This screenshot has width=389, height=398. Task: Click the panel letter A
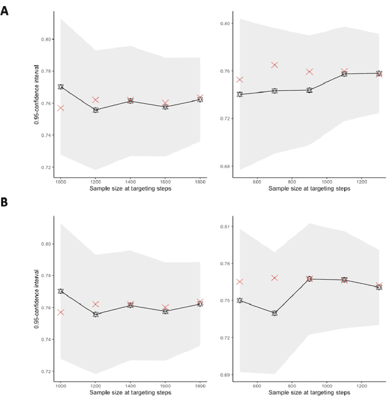pyautogui.click(x=5, y=10)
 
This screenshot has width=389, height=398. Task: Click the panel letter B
pyautogui.click(x=5, y=201)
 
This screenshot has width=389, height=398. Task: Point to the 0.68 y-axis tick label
pyautogui.click(x=224, y=166)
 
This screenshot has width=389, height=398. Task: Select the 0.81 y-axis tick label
pyautogui.click(x=224, y=227)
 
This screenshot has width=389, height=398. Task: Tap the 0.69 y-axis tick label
pyautogui.click(x=224, y=375)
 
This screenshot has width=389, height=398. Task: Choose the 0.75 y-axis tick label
pyautogui.click(x=224, y=301)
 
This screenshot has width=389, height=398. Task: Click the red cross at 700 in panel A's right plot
pyautogui.click(x=275, y=65)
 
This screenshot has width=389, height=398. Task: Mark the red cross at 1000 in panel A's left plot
pyautogui.click(x=61, y=108)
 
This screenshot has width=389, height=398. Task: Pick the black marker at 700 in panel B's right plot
pyautogui.click(x=275, y=313)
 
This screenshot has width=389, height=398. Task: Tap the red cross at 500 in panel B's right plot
pyautogui.click(x=239, y=282)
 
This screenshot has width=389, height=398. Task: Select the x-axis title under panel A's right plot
pyautogui.click(x=309, y=189)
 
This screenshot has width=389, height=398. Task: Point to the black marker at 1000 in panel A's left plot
pyautogui.click(x=61, y=87)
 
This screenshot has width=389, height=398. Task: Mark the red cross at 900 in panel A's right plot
pyautogui.click(x=309, y=72)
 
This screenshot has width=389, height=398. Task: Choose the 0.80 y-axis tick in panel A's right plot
pyautogui.click(x=224, y=24)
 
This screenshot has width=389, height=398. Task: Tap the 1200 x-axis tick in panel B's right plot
pyautogui.click(x=362, y=385)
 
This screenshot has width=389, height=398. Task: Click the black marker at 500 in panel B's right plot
pyautogui.click(x=239, y=300)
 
